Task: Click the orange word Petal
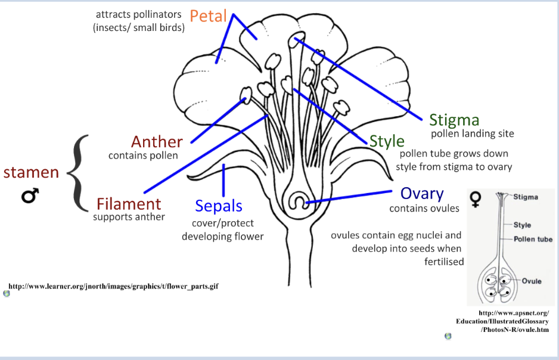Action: [209, 16]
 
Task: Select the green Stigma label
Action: [454, 120]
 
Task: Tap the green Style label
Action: [387, 141]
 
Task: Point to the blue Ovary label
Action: [422, 194]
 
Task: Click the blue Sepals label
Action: [219, 206]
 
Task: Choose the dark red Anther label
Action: [157, 142]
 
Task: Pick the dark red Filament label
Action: [129, 204]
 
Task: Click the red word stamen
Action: [31, 172]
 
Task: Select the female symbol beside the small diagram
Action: [475, 198]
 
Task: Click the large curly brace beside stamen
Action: [78, 173]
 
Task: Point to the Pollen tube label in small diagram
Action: [533, 239]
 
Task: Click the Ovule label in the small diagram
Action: [532, 281]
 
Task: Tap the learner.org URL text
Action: [114, 287]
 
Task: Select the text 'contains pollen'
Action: [143, 156]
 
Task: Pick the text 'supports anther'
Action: [129, 217]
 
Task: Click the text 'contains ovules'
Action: [424, 209]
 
